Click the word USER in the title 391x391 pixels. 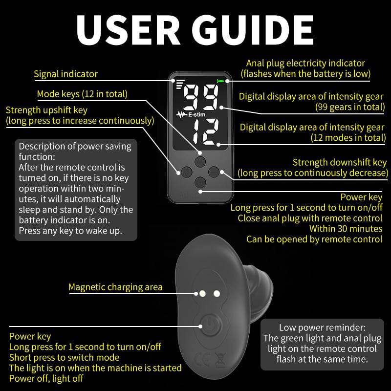tap(128, 30)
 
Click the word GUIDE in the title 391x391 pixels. tap(252, 30)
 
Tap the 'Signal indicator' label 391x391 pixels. tap(65, 74)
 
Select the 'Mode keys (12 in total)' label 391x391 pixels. tap(82, 94)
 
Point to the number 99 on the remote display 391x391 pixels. tap(201, 97)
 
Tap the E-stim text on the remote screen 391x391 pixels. tap(196, 115)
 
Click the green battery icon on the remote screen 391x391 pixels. tap(219, 81)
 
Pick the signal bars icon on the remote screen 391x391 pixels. tap(180, 84)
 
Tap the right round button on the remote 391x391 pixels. tap(214, 172)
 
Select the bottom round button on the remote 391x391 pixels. tap(200, 182)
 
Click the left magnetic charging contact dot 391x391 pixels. tap(202, 294)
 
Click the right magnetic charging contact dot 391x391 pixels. tap(217, 294)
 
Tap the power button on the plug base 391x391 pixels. tap(210, 325)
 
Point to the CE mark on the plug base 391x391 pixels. tap(202, 359)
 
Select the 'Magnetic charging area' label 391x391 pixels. tap(115, 287)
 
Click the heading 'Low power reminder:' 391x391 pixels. tap(322, 327)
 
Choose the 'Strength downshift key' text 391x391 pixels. tap(340, 162)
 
